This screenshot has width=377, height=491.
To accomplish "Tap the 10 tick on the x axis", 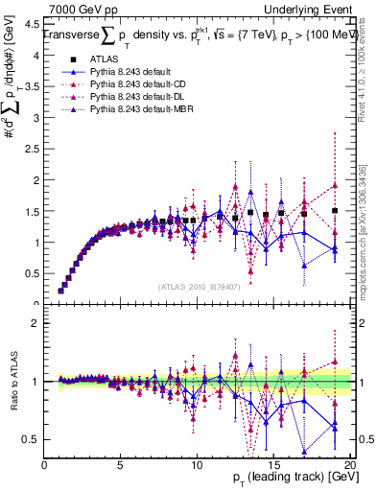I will click(x=197, y=465).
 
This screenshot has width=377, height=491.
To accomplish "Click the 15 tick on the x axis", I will click(x=273, y=465).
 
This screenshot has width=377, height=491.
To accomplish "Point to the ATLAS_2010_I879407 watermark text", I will click(x=200, y=287).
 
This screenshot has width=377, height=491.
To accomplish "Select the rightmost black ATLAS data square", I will click(x=335, y=210).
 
